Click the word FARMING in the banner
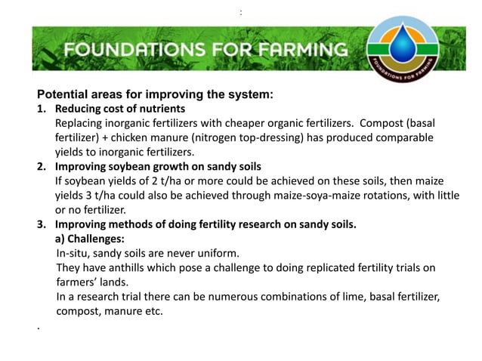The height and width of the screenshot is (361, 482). pos(303,51)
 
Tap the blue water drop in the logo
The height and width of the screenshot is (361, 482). pos(407,43)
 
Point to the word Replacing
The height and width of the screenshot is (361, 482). pos(79,123)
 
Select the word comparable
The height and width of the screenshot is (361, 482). pos(406,137)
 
